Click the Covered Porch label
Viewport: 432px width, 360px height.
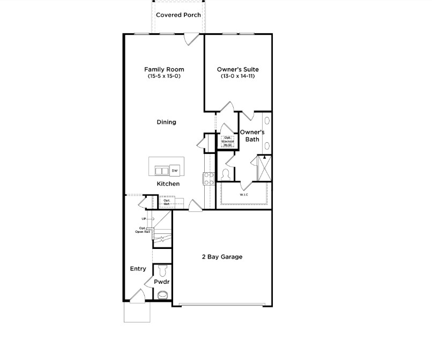click(178, 15)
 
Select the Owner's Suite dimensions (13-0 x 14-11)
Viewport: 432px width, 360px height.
click(237, 77)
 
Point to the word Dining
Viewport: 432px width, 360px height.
click(166, 122)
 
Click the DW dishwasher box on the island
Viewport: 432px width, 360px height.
click(175, 171)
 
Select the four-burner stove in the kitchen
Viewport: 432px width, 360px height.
click(209, 178)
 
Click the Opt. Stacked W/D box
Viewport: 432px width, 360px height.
click(227, 142)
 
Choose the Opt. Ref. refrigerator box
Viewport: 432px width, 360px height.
click(167, 202)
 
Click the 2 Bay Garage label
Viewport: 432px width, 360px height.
click(222, 257)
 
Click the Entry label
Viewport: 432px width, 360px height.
click(138, 269)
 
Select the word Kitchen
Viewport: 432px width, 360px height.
click(168, 184)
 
